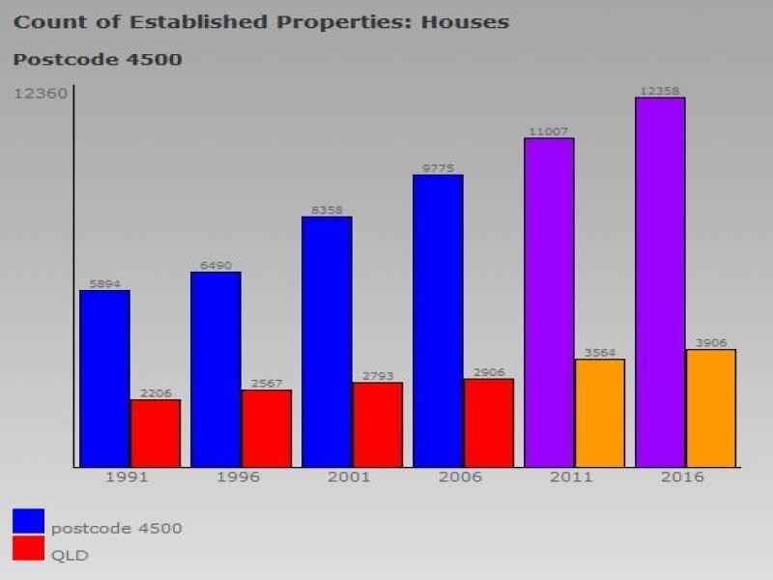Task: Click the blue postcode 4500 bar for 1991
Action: (104, 379)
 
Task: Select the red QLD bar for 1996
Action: (267, 428)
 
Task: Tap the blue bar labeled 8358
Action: (327, 342)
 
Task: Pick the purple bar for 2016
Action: (660, 282)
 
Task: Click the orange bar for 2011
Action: (599, 413)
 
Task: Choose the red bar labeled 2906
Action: (489, 422)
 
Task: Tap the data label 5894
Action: (104, 284)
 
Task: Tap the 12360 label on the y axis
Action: (41, 94)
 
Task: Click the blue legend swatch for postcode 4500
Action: (29, 521)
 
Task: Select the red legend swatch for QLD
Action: (29, 549)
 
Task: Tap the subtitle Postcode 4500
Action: (98, 60)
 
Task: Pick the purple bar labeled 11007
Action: (549, 303)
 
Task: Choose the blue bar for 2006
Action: (438, 321)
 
